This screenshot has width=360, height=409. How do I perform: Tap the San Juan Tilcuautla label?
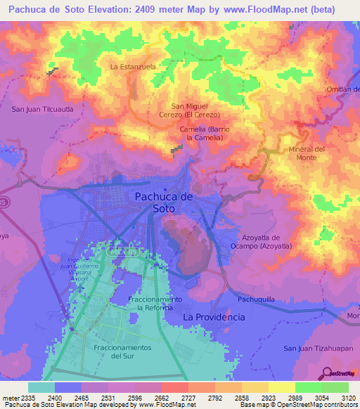tap(43, 110)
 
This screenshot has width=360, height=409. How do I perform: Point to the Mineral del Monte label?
tap(307, 154)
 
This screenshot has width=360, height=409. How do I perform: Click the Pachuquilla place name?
tap(259, 299)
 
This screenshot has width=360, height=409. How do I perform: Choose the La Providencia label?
tap(214, 317)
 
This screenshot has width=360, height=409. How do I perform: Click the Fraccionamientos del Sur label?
tap(122, 351)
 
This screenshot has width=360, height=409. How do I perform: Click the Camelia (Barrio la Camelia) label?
tap(202, 134)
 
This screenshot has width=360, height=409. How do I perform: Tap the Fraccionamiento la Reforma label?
tap(155, 304)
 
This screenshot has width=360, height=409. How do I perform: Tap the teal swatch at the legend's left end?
tap(41, 387)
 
